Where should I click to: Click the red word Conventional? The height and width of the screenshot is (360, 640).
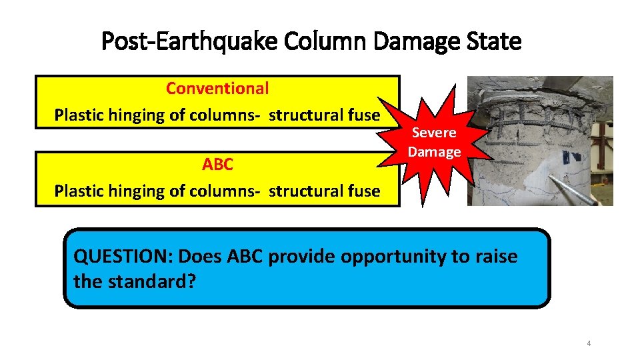tap(217, 88)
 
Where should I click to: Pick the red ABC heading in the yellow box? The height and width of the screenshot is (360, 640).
tap(217, 164)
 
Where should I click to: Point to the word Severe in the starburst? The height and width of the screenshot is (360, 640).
tap(433, 133)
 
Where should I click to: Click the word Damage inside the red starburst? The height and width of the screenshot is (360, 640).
tap(434, 152)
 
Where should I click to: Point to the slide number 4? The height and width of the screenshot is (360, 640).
tap(589, 343)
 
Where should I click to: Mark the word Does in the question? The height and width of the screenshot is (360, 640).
tap(198, 257)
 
